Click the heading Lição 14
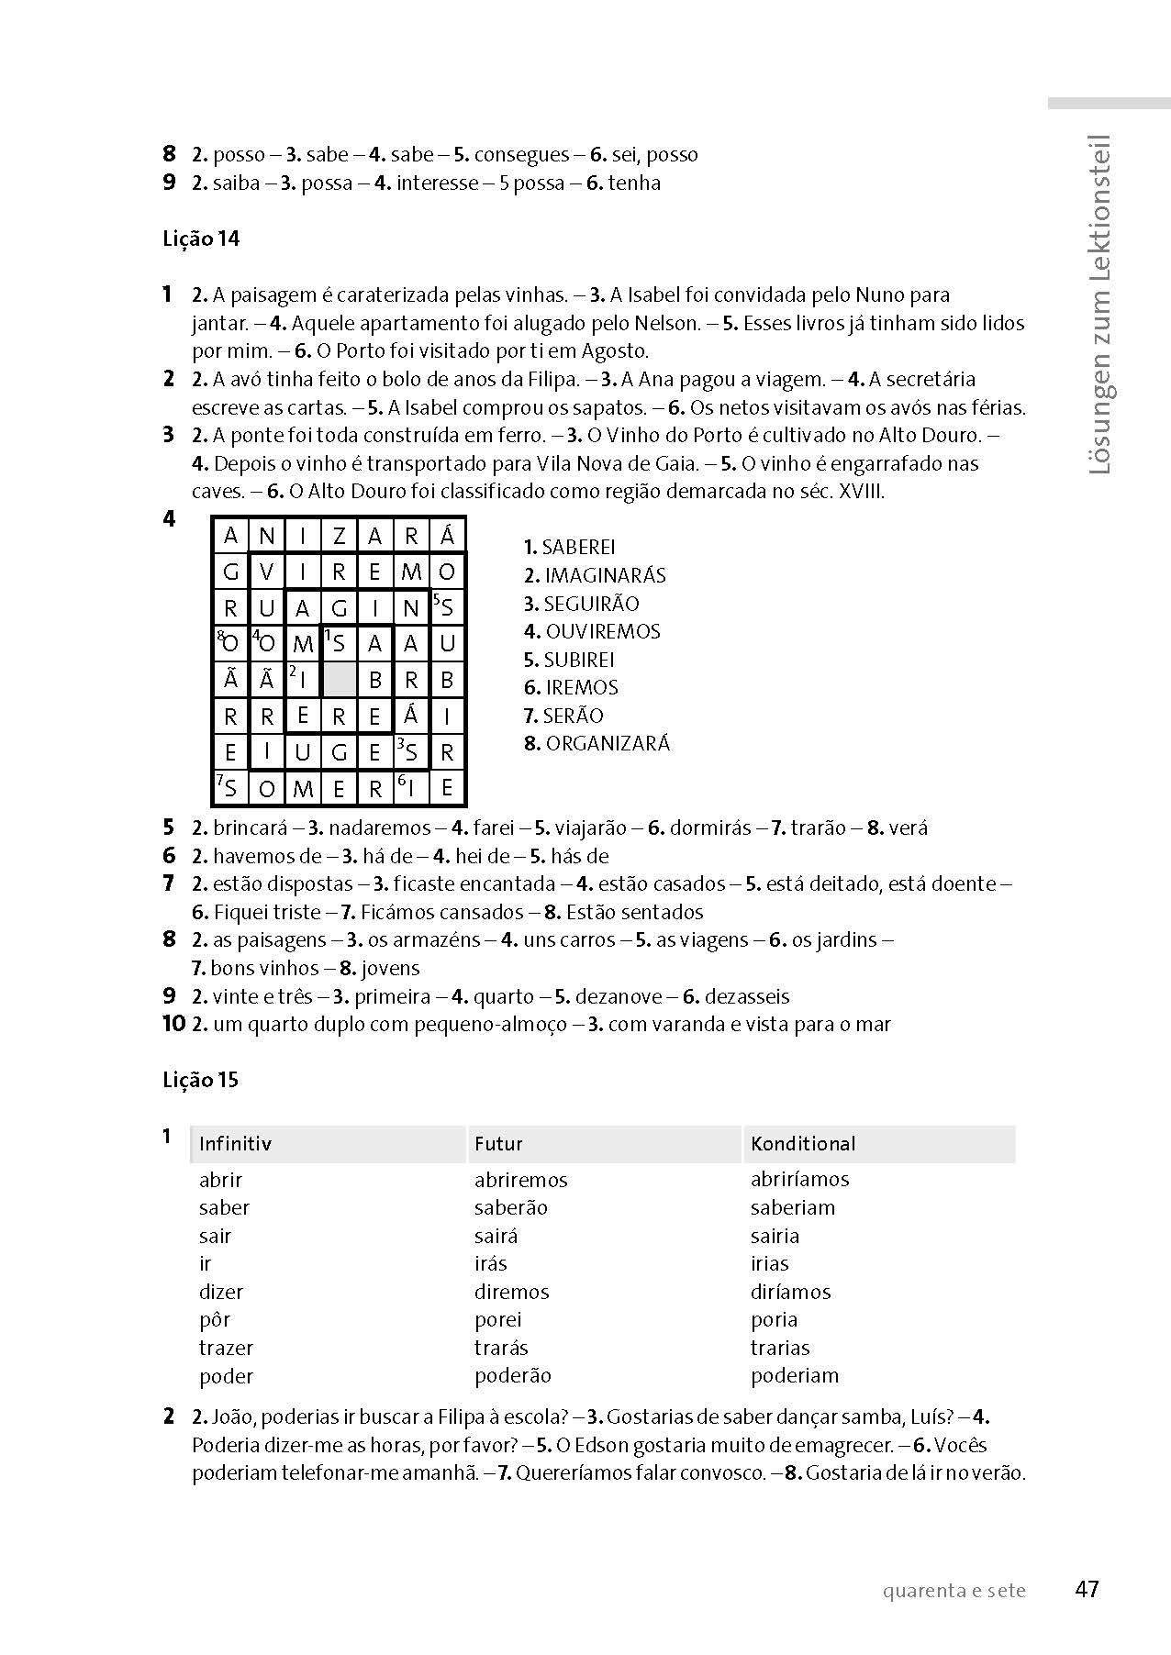tap(201, 239)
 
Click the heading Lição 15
tap(201, 1080)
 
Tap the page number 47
tap(1087, 1589)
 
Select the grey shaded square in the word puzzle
tap(340, 680)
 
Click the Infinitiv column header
tap(235, 1144)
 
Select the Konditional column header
tap(803, 1144)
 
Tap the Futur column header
tap(498, 1144)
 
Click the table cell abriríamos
tap(799, 1180)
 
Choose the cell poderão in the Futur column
tap(513, 1376)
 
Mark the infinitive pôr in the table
tap(214, 1320)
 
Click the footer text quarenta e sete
tap(954, 1591)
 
